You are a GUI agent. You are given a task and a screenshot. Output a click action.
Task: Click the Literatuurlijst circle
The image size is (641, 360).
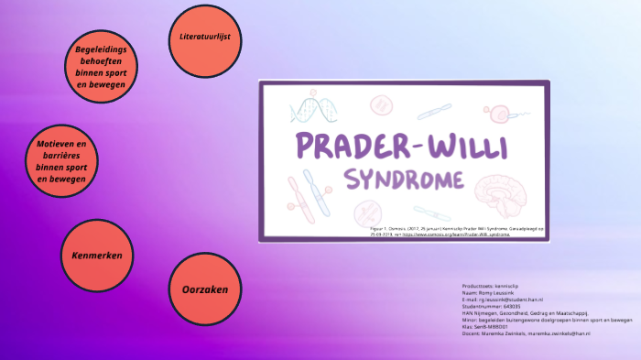coord(205,38)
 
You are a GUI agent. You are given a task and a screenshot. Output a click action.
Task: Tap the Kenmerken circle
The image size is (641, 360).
coord(96,254)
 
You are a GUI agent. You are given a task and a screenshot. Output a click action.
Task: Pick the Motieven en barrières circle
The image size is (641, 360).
coord(61,162)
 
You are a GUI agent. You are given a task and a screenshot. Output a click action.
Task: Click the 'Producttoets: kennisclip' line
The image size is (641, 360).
coord(494,285)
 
